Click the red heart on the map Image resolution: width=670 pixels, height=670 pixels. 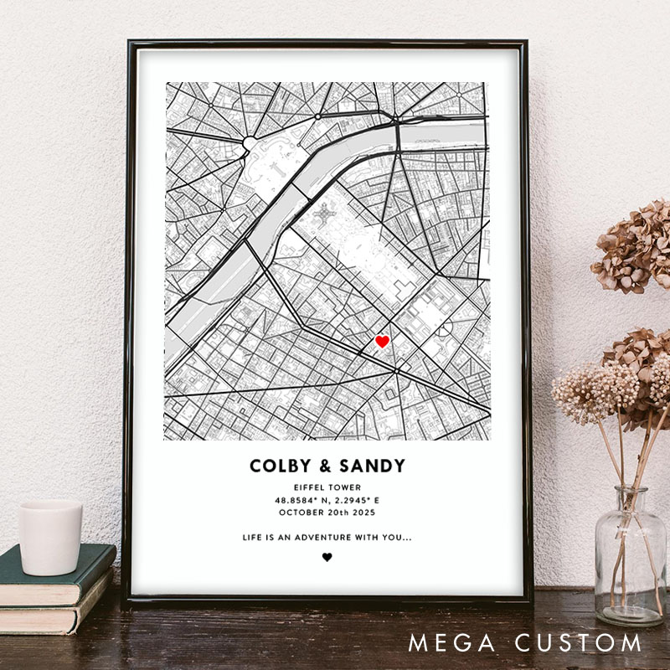pyautogui.click(x=382, y=341)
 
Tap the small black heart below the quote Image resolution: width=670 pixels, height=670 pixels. pyautogui.click(x=327, y=557)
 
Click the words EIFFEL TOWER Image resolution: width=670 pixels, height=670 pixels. pyautogui.click(x=327, y=487)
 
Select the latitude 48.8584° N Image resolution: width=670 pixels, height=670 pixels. pyautogui.click(x=301, y=500)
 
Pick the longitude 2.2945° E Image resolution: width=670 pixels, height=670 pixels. pyautogui.click(x=355, y=500)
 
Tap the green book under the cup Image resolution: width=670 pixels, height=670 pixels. pyautogui.click(x=59, y=578)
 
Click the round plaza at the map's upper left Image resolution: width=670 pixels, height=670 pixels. pyautogui.click(x=251, y=143)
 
